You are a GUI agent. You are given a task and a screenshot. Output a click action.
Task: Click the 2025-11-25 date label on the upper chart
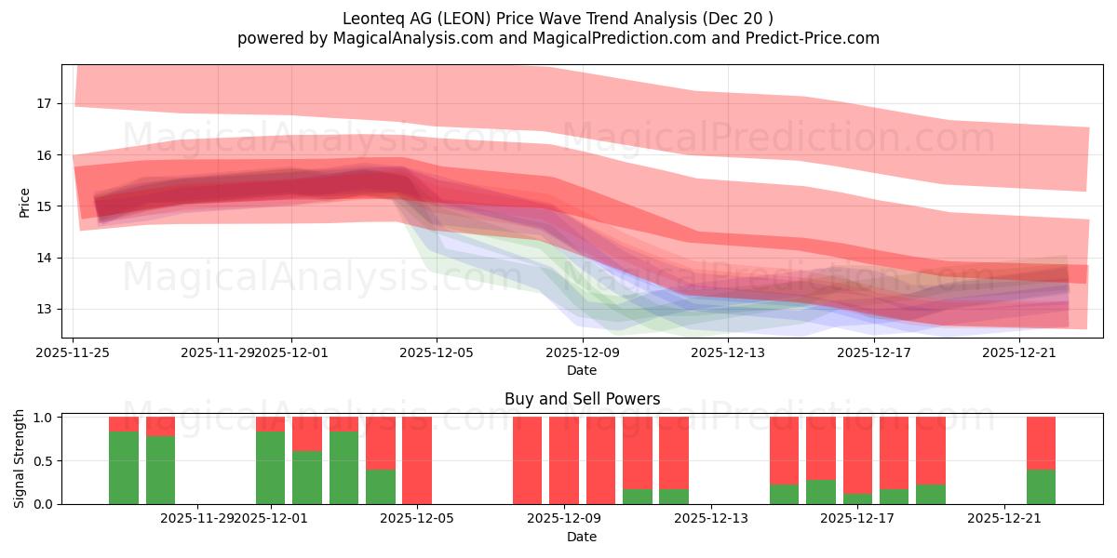(x=74, y=352)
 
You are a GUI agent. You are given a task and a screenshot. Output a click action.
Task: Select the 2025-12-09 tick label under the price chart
(x=582, y=352)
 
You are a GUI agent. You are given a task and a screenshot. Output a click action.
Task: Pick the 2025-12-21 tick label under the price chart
(x=1019, y=352)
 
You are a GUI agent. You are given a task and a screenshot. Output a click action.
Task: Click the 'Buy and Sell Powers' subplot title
(x=582, y=399)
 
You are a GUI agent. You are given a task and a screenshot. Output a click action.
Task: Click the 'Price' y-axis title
(x=24, y=202)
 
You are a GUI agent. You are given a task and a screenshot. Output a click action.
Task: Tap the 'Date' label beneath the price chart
(x=582, y=370)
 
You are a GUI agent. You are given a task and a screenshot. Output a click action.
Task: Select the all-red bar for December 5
(x=417, y=460)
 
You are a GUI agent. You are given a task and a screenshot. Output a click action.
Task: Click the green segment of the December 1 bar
(x=271, y=468)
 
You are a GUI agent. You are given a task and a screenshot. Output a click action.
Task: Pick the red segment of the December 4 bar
(x=381, y=443)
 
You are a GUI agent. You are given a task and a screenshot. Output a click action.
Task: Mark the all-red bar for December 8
(x=527, y=460)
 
